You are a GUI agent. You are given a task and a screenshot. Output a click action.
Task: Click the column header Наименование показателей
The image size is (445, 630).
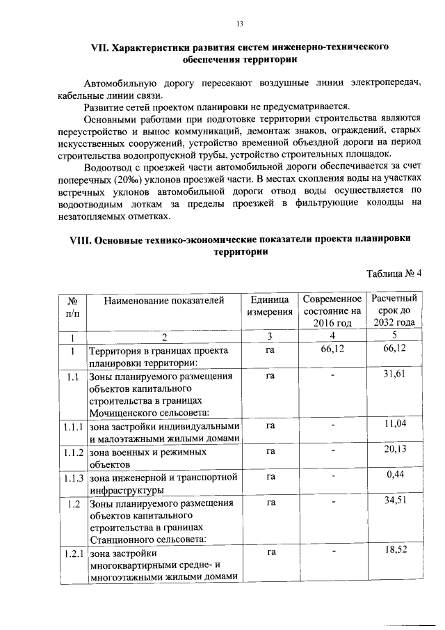tap(164, 301)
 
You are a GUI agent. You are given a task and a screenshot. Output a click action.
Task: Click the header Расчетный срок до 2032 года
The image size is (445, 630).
tap(394, 311)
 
